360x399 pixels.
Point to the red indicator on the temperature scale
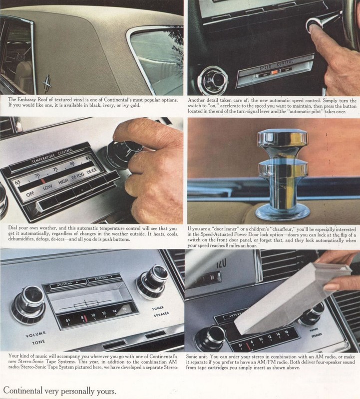pos(43,179)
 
